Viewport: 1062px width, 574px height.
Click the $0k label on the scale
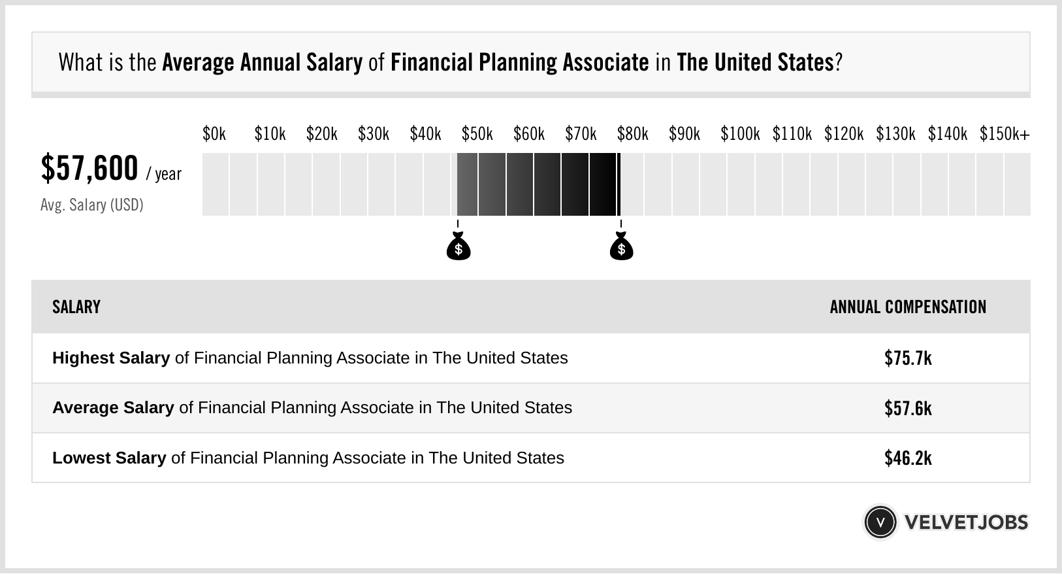(x=214, y=134)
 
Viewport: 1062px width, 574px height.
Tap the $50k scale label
(x=477, y=134)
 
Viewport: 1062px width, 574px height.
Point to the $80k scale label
(x=632, y=134)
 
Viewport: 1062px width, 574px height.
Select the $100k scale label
(x=740, y=134)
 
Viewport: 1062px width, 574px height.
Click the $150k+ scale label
(x=1004, y=134)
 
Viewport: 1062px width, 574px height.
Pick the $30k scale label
(x=373, y=134)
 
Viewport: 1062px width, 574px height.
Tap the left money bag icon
(x=459, y=246)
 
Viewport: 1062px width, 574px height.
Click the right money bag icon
(x=621, y=246)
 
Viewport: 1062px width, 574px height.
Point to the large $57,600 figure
(x=89, y=168)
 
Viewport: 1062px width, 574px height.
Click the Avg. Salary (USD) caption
(x=92, y=205)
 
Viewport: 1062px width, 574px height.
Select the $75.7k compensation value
(x=908, y=358)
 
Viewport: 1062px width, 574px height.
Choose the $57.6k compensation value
(x=908, y=408)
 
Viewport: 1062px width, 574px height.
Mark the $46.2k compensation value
(x=908, y=458)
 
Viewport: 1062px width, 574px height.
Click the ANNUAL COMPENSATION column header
(x=908, y=307)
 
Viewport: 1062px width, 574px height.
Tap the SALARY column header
(x=76, y=307)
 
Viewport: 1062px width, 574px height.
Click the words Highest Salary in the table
(x=111, y=358)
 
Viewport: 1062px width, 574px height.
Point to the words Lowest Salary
(x=109, y=458)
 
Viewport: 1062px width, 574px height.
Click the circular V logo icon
(x=880, y=522)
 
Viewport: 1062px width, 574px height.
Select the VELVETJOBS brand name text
(x=966, y=522)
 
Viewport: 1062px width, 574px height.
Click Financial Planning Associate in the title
(x=519, y=63)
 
